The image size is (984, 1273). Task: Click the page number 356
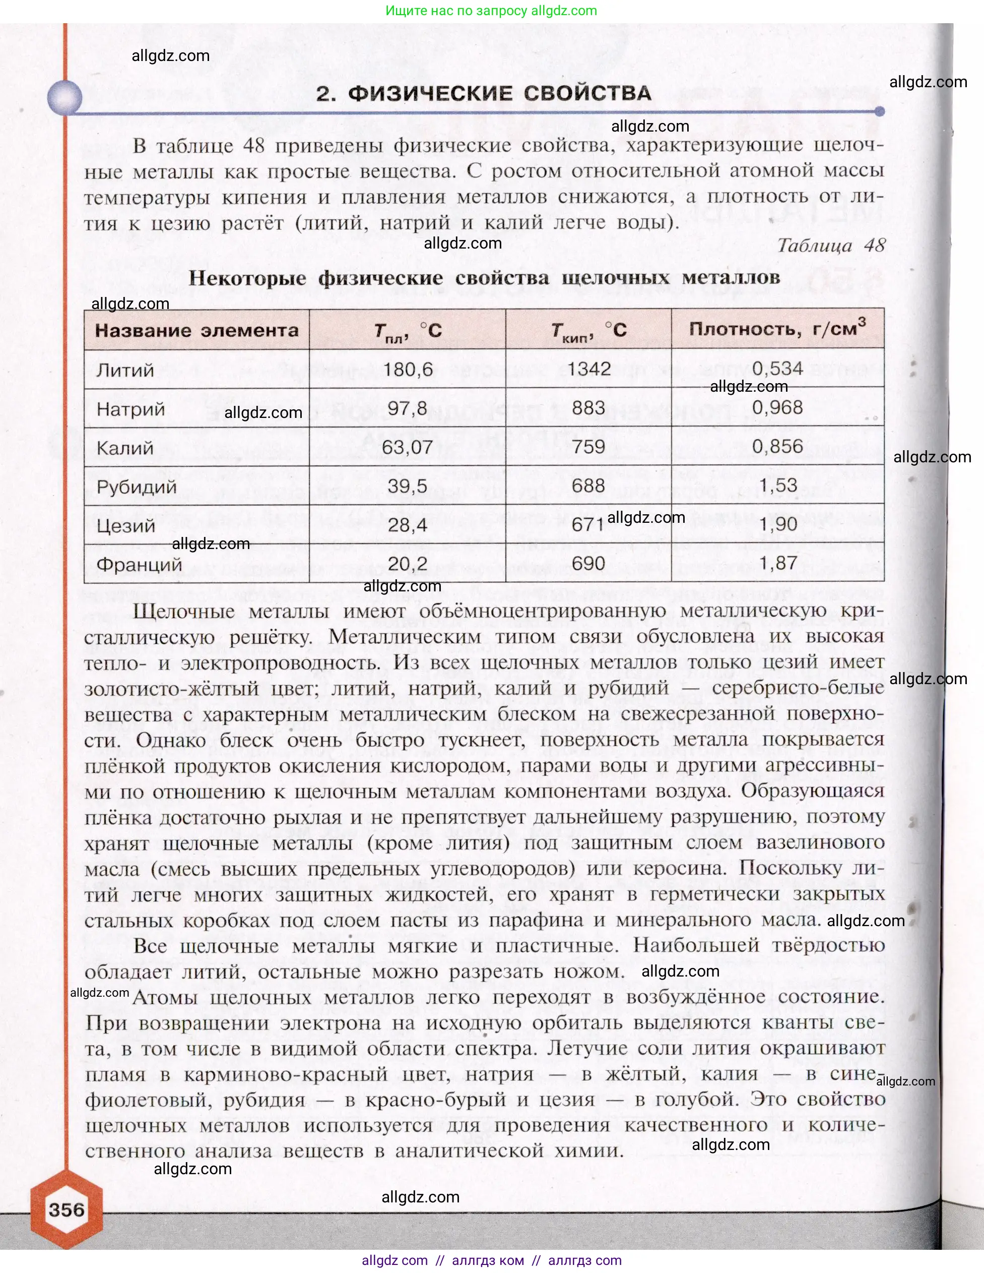pyautogui.click(x=67, y=1209)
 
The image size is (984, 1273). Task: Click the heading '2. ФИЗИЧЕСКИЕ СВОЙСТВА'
pyautogui.click(x=484, y=93)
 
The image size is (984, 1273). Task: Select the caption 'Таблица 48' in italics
pyautogui.click(x=831, y=246)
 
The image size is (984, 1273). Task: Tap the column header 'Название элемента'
pyautogui.click(x=196, y=331)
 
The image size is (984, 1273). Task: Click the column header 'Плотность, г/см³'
pyautogui.click(x=777, y=329)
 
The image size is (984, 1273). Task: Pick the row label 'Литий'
pyautogui.click(x=125, y=370)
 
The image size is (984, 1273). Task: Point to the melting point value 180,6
pyautogui.click(x=408, y=370)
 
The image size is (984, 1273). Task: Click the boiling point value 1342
pyautogui.click(x=588, y=369)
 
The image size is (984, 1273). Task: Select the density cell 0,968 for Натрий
pyautogui.click(x=777, y=407)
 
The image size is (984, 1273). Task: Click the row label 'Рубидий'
pyautogui.click(x=137, y=487)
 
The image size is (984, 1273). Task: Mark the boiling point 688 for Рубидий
pyautogui.click(x=588, y=486)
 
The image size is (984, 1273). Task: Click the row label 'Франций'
pyautogui.click(x=139, y=564)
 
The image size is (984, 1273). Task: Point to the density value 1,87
pyautogui.click(x=778, y=563)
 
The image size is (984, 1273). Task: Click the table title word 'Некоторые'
pyautogui.click(x=247, y=278)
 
